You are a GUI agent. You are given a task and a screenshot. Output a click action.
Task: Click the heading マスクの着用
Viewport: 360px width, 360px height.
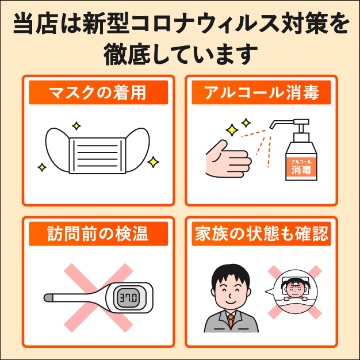[98, 93]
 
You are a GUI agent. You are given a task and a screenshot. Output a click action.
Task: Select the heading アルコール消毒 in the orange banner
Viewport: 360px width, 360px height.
[262, 93]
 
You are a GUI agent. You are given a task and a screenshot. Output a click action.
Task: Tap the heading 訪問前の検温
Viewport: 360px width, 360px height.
[98, 233]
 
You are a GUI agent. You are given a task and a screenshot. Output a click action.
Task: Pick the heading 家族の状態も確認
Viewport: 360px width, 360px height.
[262, 233]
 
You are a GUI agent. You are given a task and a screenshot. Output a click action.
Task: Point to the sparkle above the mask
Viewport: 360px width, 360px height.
[76, 126]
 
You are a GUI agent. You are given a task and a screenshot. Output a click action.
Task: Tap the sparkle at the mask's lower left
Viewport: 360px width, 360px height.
[42, 167]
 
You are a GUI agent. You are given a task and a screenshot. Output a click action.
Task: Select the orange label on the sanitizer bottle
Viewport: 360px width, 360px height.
[301, 167]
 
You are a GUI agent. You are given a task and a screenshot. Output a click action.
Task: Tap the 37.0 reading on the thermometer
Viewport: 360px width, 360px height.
[129, 298]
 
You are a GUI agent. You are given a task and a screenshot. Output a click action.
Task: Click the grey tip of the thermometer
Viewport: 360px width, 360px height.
[48, 298]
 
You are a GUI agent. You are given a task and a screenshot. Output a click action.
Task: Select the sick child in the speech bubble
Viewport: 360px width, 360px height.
[293, 290]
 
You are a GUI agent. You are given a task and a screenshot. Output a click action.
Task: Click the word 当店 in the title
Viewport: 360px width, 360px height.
[35, 24]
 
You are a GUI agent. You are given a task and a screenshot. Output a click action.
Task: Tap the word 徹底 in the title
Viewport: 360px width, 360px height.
[127, 54]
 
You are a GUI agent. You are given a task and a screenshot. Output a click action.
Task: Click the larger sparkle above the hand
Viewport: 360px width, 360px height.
[232, 130]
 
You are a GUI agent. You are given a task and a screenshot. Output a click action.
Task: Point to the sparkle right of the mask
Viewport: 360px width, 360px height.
[153, 162]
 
